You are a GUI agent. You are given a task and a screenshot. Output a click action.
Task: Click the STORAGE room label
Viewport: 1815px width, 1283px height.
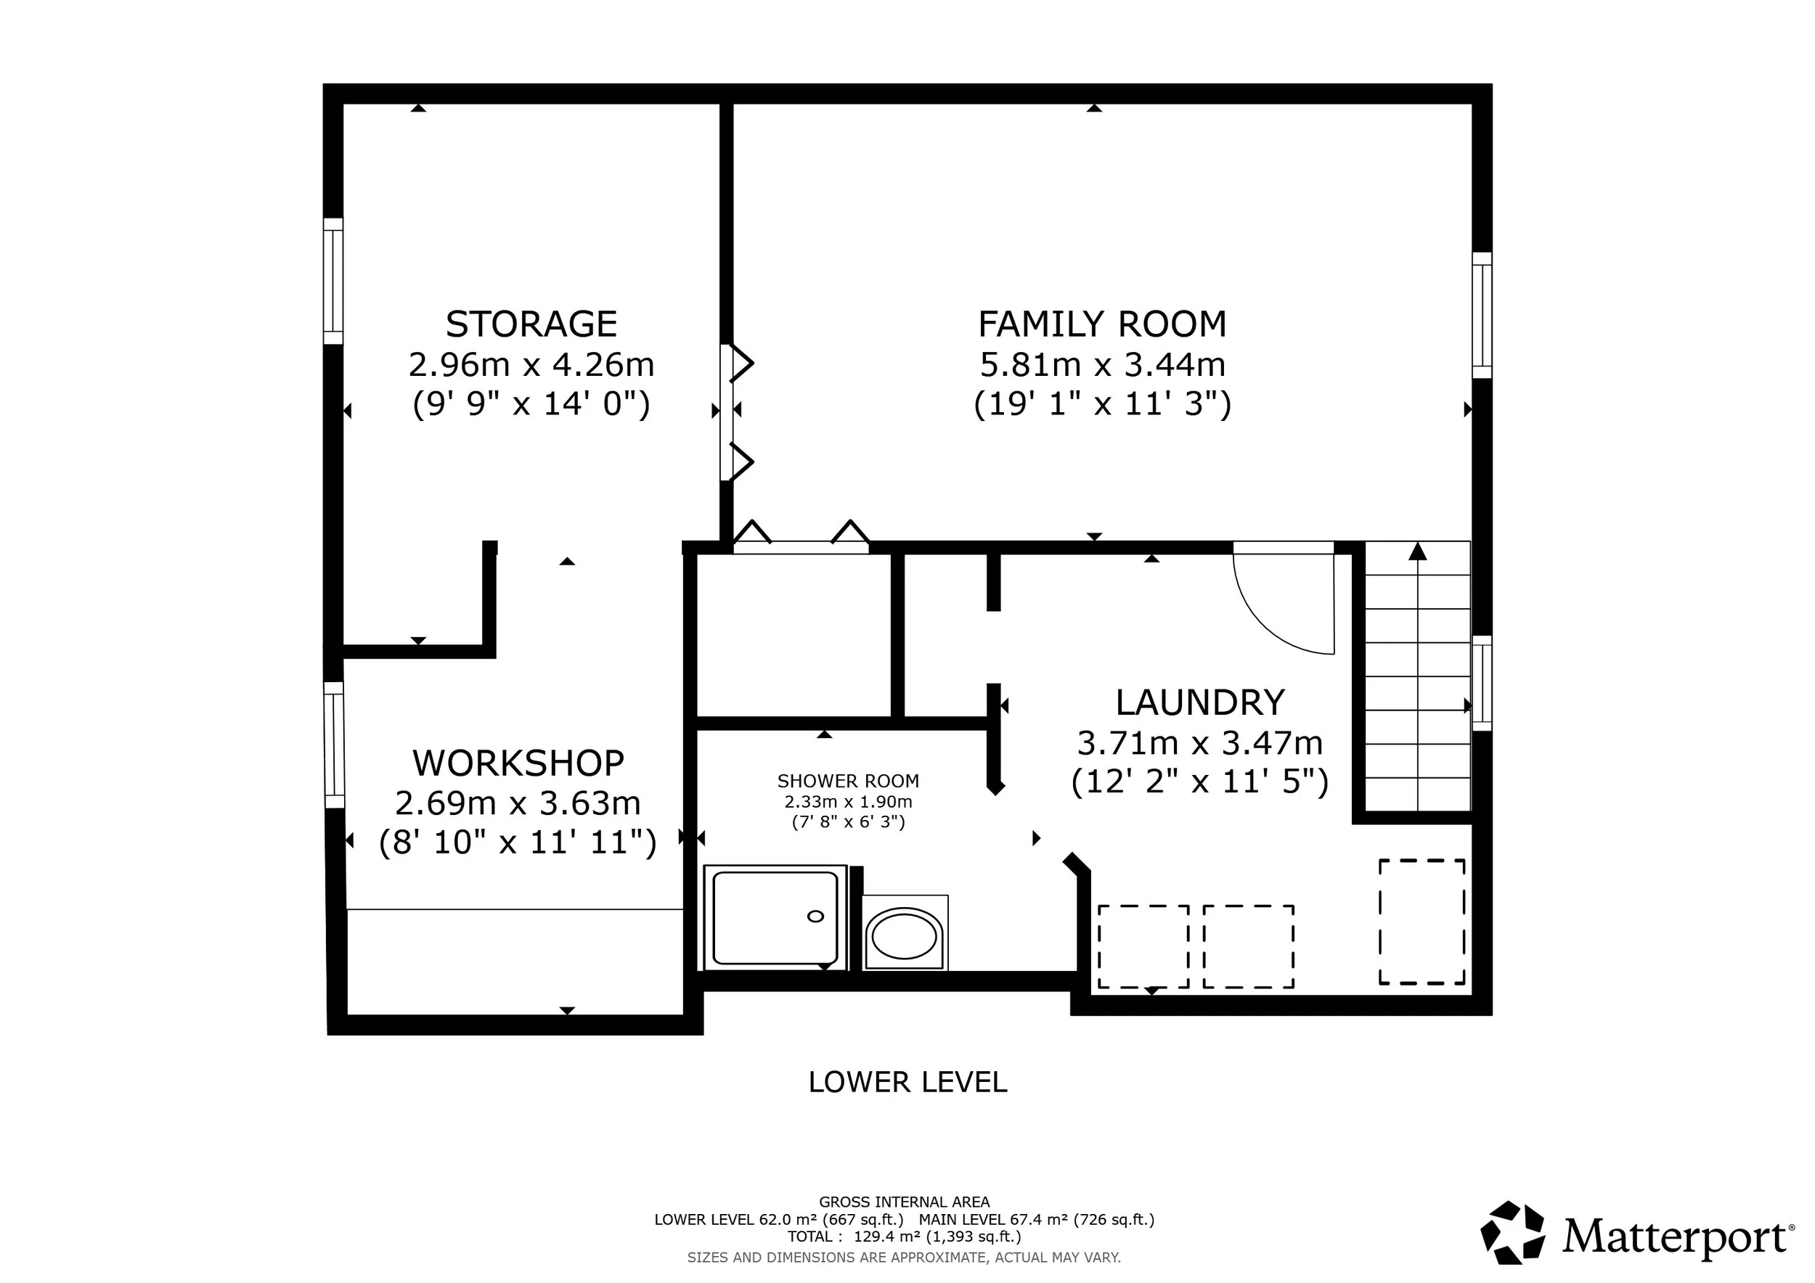pyautogui.click(x=531, y=324)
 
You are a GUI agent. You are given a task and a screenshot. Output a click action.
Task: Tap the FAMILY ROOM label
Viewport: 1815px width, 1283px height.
pyautogui.click(x=1103, y=324)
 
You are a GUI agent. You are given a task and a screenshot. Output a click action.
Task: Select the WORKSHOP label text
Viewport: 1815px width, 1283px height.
pyautogui.click(x=518, y=763)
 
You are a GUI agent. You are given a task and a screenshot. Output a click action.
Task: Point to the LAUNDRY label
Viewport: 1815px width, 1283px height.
pyautogui.click(x=1200, y=702)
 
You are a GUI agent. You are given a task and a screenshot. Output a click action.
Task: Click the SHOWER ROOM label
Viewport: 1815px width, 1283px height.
pyautogui.click(x=848, y=782)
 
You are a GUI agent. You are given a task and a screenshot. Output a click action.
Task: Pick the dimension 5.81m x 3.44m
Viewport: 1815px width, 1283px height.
pyautogui.click(x=1103, y=365)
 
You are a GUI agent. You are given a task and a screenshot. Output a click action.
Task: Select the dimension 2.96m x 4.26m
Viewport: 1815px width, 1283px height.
pyautogui.click(x=531, y=365)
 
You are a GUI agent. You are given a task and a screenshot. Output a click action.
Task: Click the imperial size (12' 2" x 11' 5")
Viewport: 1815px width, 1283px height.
pyautogui.click(x=1200, y=782)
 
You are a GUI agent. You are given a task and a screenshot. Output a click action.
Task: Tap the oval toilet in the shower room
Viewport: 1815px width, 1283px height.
pyautogui.click(x=905, y=936)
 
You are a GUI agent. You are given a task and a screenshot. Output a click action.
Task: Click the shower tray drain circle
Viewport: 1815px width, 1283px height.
pyautogui.click(x=815, y=917)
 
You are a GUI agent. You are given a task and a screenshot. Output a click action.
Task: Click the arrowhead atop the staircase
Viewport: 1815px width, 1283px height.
pyautogui.click(x=1418, y=552)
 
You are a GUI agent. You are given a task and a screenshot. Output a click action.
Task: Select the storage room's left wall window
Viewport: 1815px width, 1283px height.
pyautogui.click(x=333, y=282)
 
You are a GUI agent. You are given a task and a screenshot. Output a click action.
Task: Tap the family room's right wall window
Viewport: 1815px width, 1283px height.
pyautogui.click(x=1482, y=315)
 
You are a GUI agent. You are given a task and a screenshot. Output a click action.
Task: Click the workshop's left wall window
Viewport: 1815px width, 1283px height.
pyautogui.click(x=335, y=745)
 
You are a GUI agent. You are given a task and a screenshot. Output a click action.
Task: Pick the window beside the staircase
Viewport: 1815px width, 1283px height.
pyautogui.click(x=1482, y=684)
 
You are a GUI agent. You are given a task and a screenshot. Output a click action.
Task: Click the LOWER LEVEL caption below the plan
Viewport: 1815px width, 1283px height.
pyautogui.click(x=907, y=1082)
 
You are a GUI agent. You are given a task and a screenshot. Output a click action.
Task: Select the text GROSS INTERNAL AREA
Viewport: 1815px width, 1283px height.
pyautogui.click(x=905, y=1202)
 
